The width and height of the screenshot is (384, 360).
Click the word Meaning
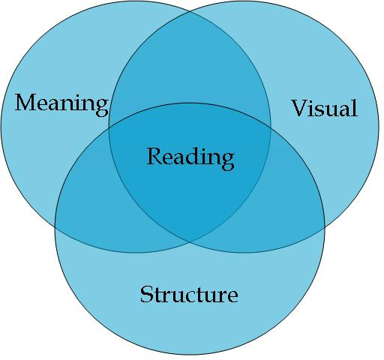[61, 103]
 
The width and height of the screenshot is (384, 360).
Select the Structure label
[189, 294]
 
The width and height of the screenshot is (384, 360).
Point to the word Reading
[190, 157]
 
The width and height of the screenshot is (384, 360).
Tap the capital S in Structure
[147, 294]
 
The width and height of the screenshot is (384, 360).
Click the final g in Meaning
[101, 106]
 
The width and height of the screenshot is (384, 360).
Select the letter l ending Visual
[354, 108]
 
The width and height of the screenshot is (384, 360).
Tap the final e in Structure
[232, 295]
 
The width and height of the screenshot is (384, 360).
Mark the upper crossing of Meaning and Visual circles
[190, 13]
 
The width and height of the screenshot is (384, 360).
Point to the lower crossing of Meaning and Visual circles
[190, 241]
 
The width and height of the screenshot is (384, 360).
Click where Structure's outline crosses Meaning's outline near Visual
[271, 124]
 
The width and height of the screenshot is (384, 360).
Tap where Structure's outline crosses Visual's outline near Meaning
[109, 125]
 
